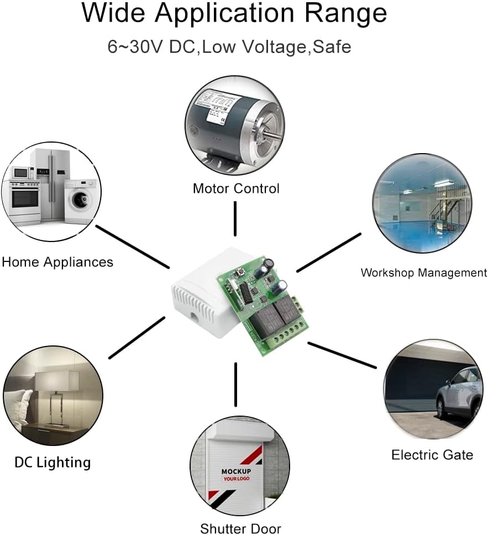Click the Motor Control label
(x=236, y=188)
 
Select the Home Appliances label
(x=57, y=261)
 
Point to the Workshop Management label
(x=424, y=272)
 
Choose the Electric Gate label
(x=432, y=455)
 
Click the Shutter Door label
(x=240, y=528)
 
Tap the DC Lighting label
(x=53, y=462)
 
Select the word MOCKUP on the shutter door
(x=237, y=471)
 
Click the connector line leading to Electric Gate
(x=341, y=355)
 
